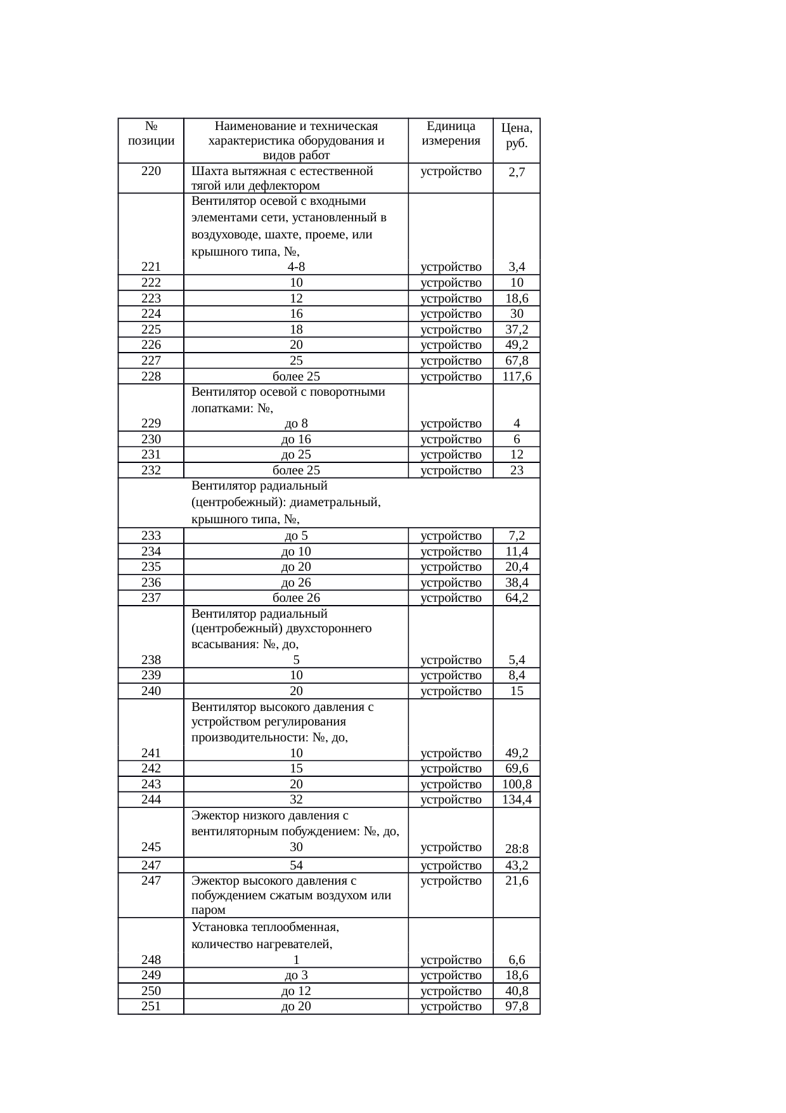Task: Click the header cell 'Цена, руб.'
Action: pos(517,135)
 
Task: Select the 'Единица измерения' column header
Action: pos(451,133)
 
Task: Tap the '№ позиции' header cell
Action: pos(151,133)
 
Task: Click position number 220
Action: pos(151,171)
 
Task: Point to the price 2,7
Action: pos(517,172)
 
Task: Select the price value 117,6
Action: pos(517,377)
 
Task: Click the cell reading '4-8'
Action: pos(296,267)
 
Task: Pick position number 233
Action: pos(151,536)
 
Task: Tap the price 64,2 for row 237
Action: pos(517,598)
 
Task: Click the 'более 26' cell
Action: pos(296,598)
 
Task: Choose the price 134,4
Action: pos(517,800)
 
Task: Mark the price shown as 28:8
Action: pos(517,849)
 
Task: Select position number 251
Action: pos(151,1006)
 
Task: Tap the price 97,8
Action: pos(517,1006)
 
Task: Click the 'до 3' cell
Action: pos(296,975)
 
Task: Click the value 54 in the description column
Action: pos(296,866)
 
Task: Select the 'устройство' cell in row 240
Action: pos(451,691)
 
